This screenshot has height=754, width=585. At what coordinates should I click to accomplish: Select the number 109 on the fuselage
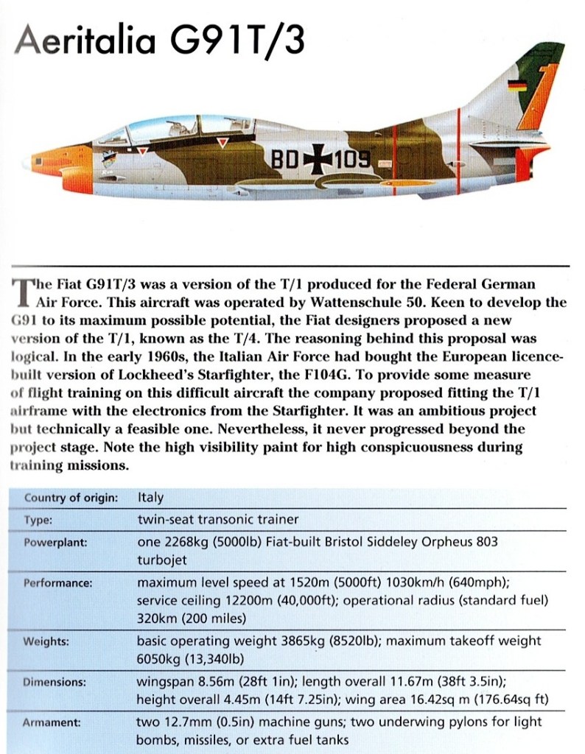(x=352, y=160)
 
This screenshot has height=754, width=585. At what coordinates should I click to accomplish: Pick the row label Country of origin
(x=71, y=497)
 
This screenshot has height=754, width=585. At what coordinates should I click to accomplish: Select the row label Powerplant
(x=56, y=542)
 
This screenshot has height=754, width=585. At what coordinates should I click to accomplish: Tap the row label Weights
(x=46, y=641)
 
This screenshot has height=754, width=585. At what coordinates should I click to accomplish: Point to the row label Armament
(x=52, y=722)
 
